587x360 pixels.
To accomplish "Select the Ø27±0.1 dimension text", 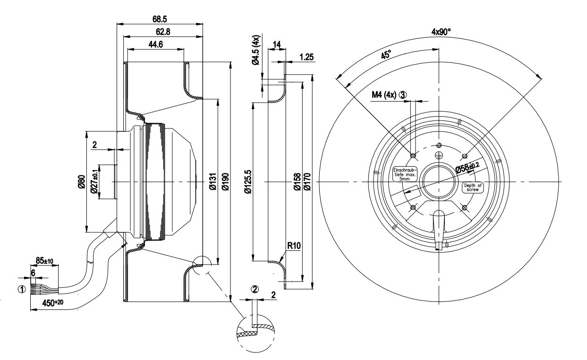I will (94, 182).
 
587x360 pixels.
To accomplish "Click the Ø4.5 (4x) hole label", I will (256, 50).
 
